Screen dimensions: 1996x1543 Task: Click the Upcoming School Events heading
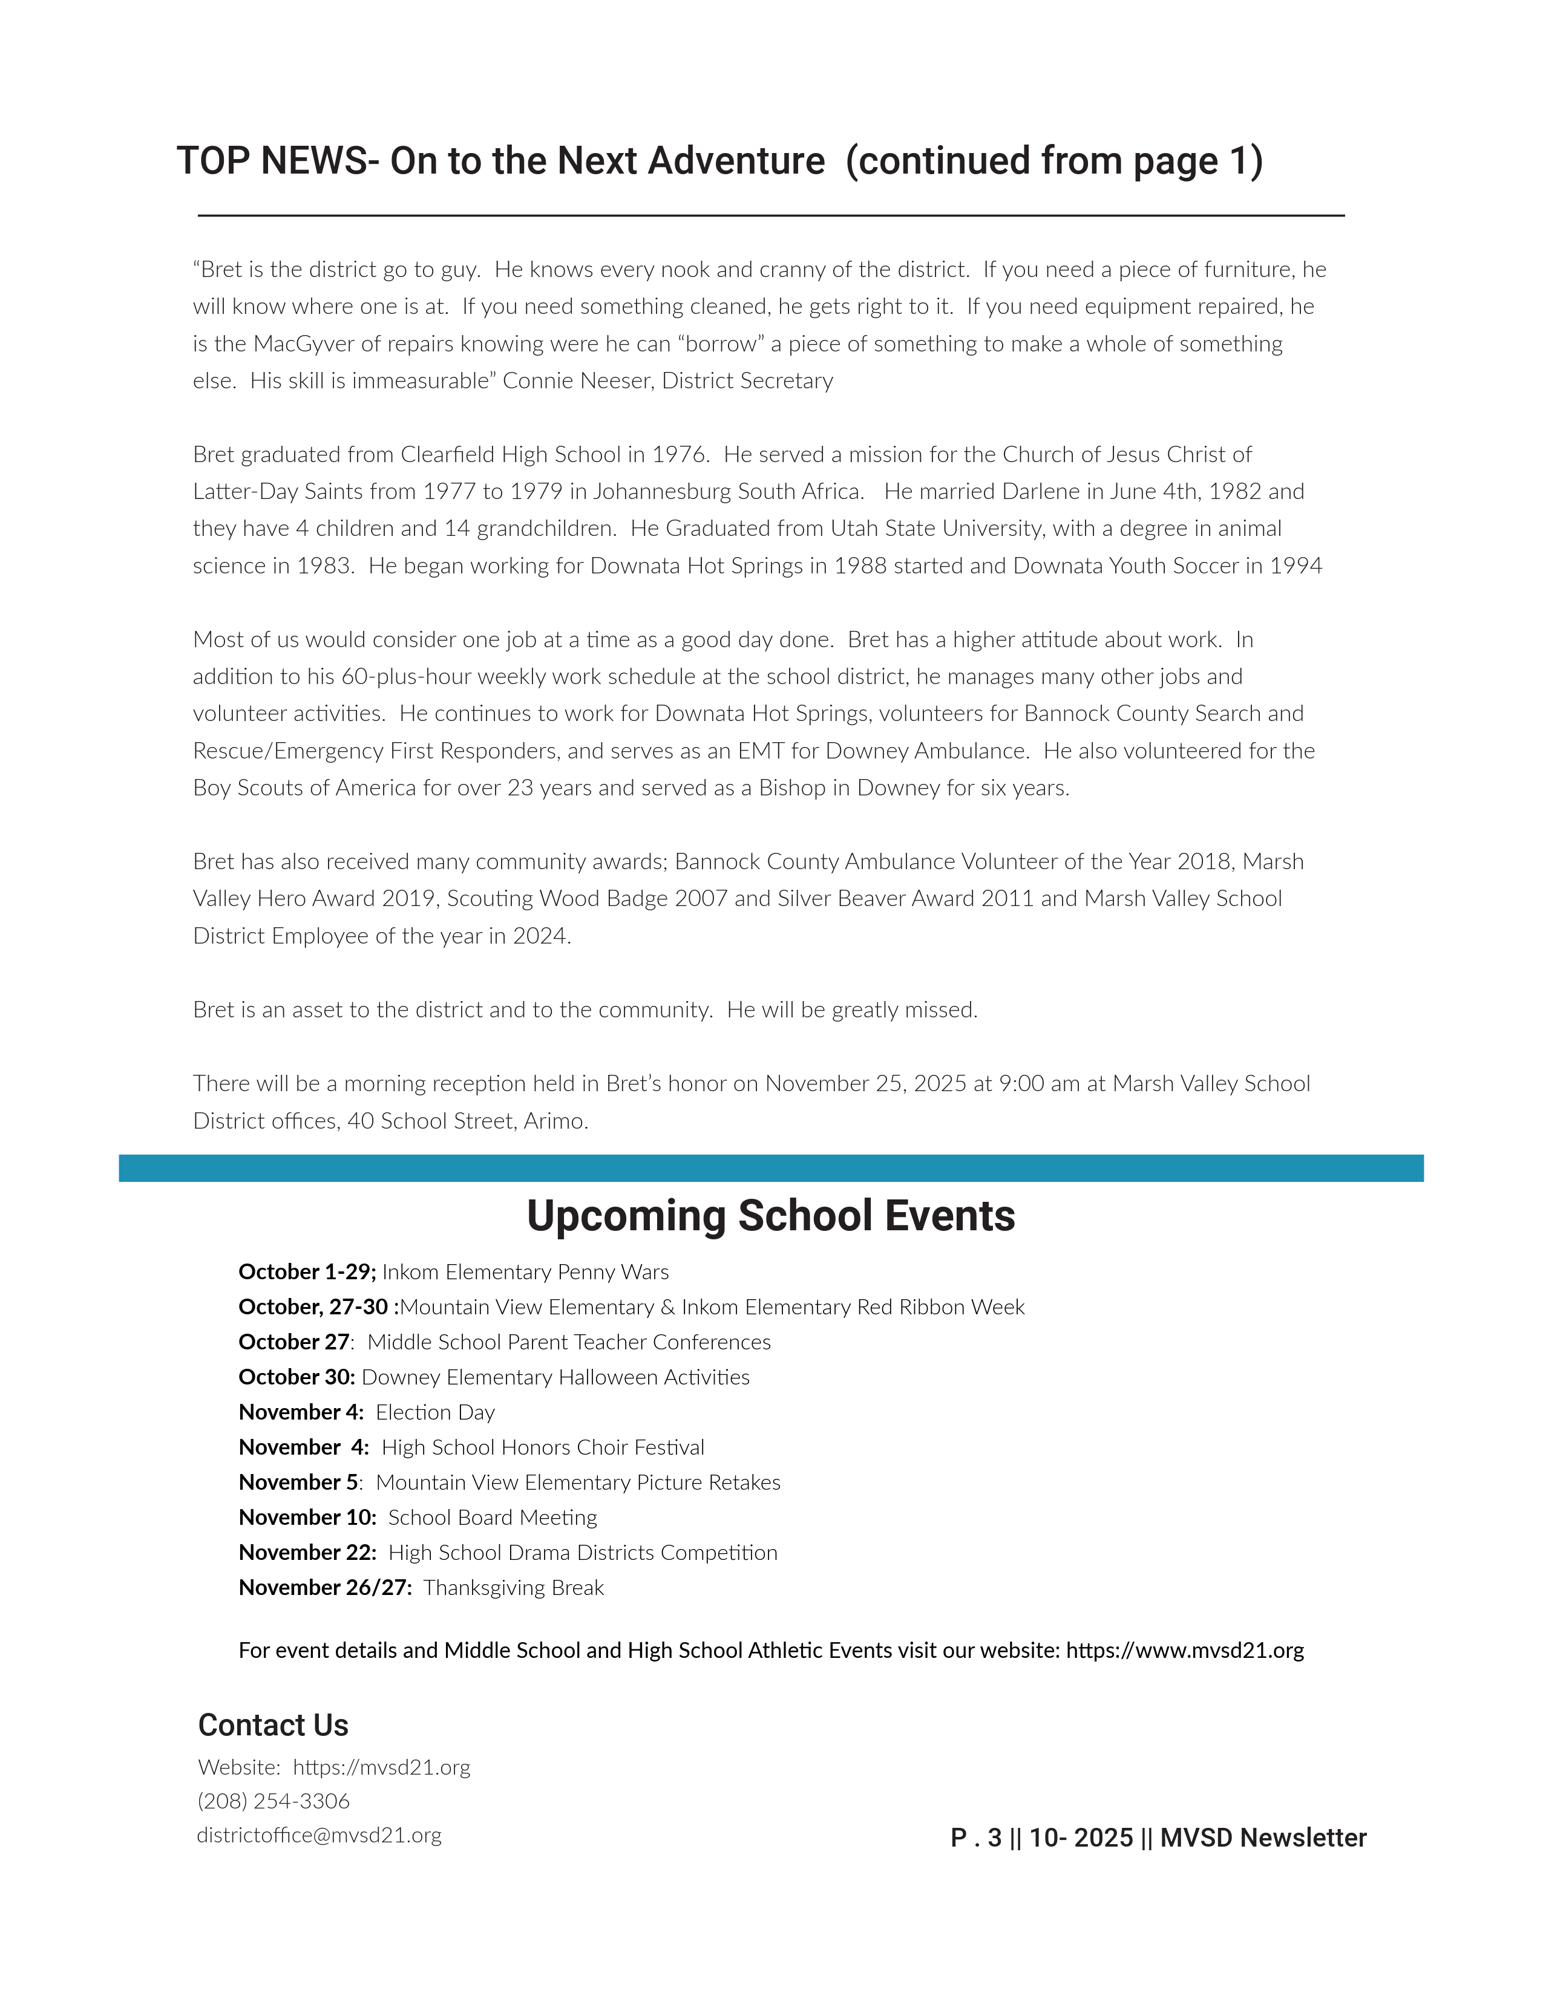point(770,1216)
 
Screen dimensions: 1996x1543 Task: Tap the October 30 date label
point(296,1377)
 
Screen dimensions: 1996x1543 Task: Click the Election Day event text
point(435,1413)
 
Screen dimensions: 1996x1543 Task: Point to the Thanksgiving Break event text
point(514,1588)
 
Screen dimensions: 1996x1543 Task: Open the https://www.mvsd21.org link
point(1185,1651)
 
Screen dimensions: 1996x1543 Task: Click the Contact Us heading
point(274,1726)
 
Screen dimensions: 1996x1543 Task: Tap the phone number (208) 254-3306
point(274,1801)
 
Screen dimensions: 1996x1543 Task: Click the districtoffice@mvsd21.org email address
point(319,1836)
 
